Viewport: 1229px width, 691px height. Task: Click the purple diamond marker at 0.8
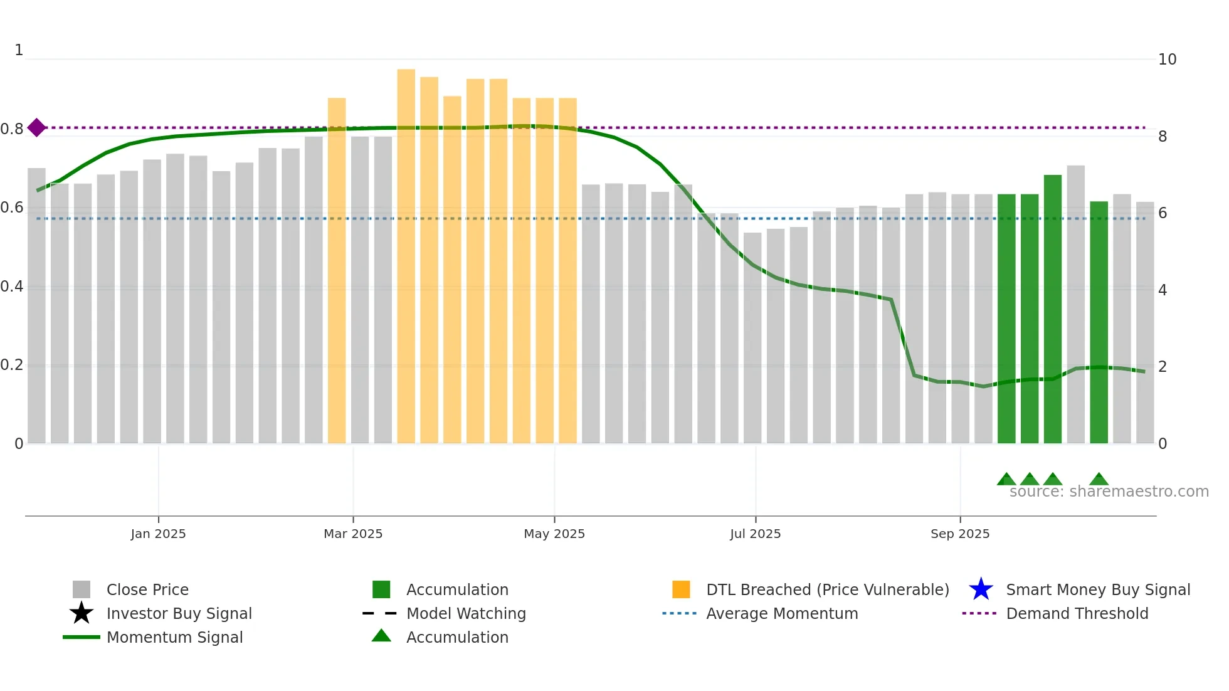(x=36, y=128)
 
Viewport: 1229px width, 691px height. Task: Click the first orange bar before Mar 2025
(x=337, y=270)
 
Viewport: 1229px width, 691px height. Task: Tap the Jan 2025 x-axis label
(x=158, y=534)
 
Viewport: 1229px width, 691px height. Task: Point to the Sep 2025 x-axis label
(x=959, y=534)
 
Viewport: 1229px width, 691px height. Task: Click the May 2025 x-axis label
(x=554, y=534)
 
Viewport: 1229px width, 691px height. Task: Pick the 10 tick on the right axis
(x=1166, y=60)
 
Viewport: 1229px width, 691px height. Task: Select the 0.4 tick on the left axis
(x=12, y=287)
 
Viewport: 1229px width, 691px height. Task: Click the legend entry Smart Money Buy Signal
(x=1097, y=590)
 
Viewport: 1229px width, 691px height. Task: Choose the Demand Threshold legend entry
(x=1077, y=614)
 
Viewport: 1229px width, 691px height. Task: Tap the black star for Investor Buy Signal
(x=82, y=613)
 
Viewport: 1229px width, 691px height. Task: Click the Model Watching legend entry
(x=465, y=614)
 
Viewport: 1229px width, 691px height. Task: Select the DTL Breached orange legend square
(x=681, y=589)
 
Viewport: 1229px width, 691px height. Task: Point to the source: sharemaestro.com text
(x=1109, y=492)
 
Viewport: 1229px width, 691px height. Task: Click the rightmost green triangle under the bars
(x=1099, y=480)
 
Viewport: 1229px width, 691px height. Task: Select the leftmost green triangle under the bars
(x=1006, y=480)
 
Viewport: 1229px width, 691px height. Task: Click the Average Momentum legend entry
(x=781, y=614)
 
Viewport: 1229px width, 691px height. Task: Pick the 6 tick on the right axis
(x=1163, y=213)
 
